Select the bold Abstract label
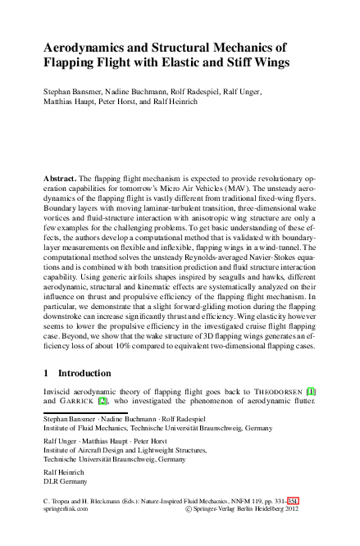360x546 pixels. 60,178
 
